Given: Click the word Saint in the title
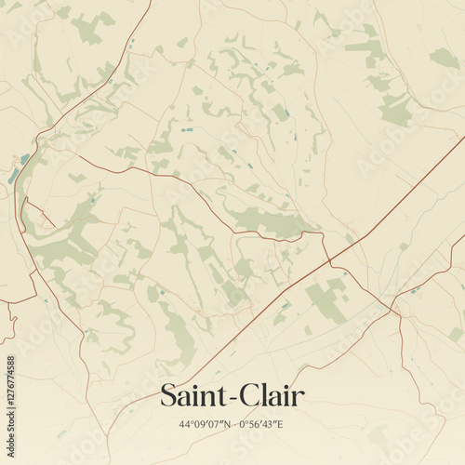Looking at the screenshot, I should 190,395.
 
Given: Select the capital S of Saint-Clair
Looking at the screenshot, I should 168,395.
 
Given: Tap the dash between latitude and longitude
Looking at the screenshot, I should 233,425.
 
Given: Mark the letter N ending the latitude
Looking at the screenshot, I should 223,425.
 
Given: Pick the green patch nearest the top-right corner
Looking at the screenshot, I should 444,58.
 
